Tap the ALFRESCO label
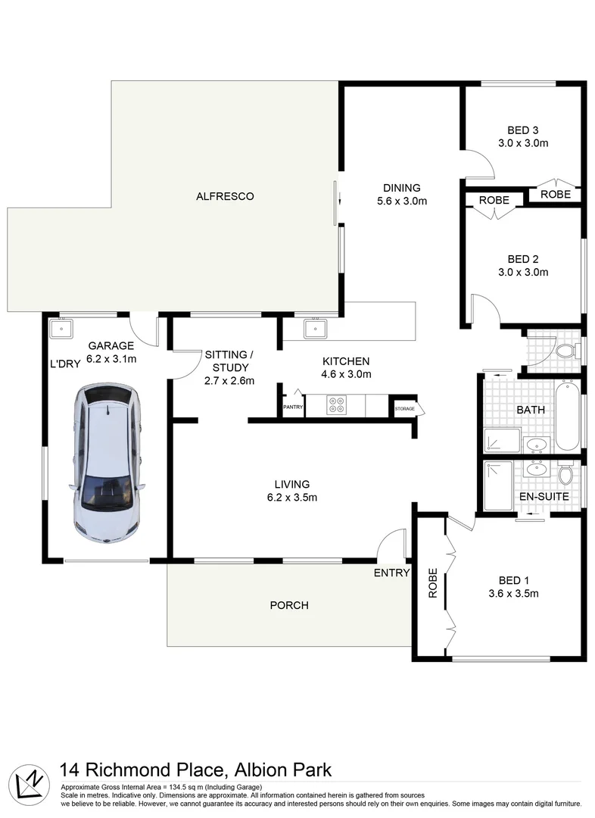(x=225, y=196)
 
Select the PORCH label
(x=289, y=605)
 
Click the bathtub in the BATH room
(x=568, y=417)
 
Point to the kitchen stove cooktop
(x=336, y=406)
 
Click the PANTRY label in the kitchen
(x=292, y=407)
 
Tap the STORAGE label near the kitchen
(x=403, y=408)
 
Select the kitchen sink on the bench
(x=314, y=329)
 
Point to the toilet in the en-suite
(x=565, y=473)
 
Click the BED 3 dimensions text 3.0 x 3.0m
(x=523, y=142)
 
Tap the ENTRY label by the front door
(x=391, y=573)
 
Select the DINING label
(x=401, y=188)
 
